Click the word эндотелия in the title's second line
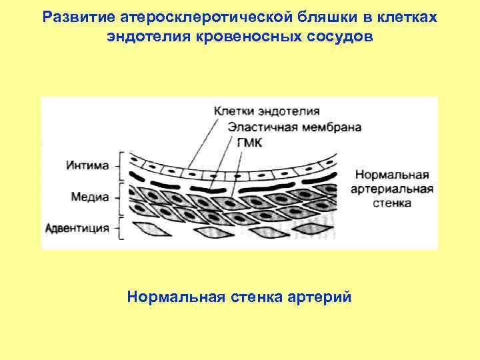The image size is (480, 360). click(149, 36)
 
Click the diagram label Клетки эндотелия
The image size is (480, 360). click(267, 111)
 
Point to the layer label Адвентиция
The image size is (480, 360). click(77, 227)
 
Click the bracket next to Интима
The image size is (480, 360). click(121, 165)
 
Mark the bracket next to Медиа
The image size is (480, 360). click(121, 197)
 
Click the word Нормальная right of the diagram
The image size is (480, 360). click(392, 175)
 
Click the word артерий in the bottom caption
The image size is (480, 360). click(326, 296)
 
